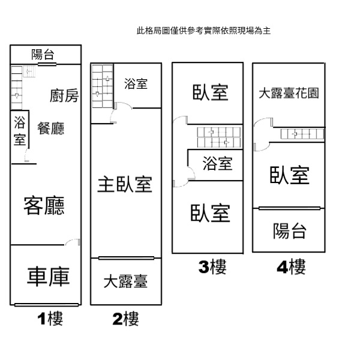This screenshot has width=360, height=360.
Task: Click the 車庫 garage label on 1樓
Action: click(x=48, y=277)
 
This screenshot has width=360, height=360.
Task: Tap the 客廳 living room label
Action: click(x=44, y=205)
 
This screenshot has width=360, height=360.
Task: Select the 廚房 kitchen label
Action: click(x=64, y=95)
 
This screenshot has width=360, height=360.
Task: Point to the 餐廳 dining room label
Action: click(x=51, y=128)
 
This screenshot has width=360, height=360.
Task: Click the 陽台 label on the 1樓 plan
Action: click(x=43, y=55)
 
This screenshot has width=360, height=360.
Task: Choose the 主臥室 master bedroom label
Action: click(x=125, y=184)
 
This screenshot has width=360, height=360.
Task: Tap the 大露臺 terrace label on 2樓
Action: click(x=125, y=281)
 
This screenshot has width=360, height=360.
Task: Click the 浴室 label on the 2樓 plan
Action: click(x=136, y=83)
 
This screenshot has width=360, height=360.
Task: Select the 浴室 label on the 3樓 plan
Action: click(x=217, y=163)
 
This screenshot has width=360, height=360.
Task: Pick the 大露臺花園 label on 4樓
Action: click(x=289, y=93)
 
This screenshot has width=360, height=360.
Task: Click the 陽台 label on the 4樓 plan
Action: click(x=290, y=231)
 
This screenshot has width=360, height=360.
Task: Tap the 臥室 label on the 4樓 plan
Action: click(x=289, y=175)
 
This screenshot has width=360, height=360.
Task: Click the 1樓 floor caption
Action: click(x=50, y=319)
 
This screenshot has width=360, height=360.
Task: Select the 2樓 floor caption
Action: click(x=125, y=319)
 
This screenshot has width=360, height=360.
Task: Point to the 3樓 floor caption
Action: click(x=212, y=266)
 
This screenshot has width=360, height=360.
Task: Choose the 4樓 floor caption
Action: click(x=292, y=266)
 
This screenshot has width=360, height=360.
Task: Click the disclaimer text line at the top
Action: click(x=203, y=31)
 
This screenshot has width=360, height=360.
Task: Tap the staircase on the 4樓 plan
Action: click(x=302, y=134)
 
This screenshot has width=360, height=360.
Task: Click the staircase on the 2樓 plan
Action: click(x=103, y=86)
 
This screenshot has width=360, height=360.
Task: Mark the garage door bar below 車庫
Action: click(x=47, y=305)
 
